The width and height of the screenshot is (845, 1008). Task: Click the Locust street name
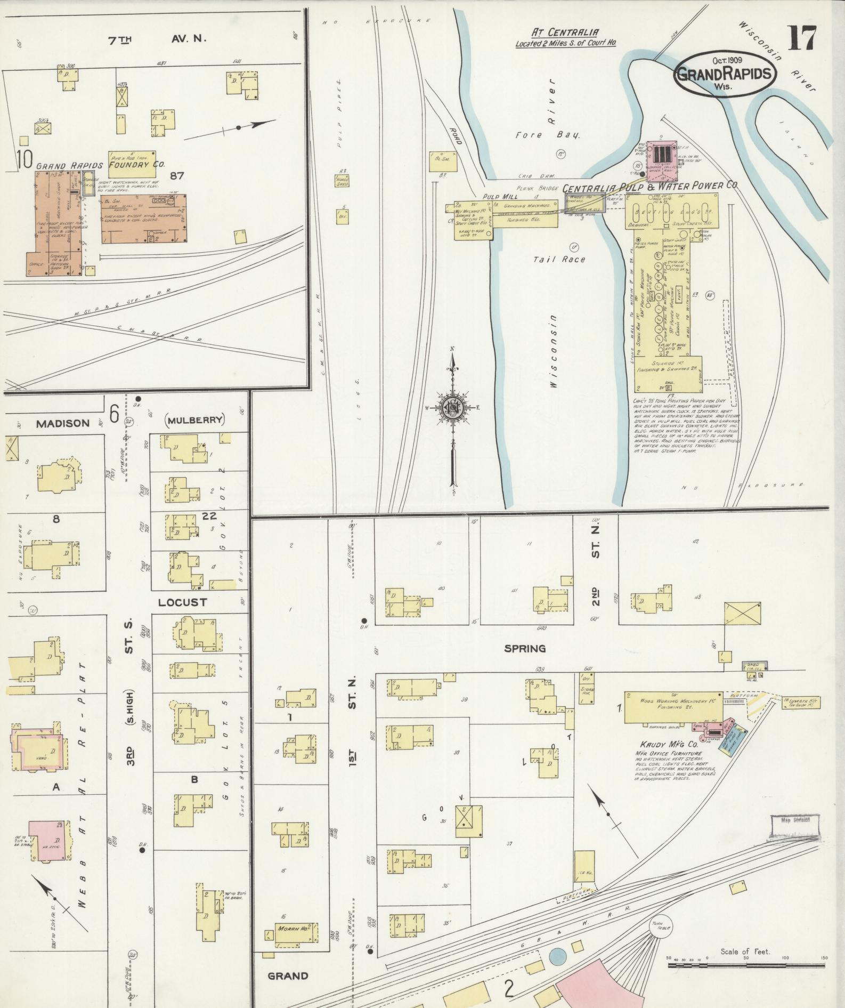(182, 602)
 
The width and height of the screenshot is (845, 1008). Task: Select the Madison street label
(63, 423)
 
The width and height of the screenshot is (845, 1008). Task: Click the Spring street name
(525, 649)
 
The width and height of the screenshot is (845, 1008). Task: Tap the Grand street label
(288, 975)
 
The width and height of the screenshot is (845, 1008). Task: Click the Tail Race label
(559, 259)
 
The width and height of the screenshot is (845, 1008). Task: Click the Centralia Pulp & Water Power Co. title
(650, 187)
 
